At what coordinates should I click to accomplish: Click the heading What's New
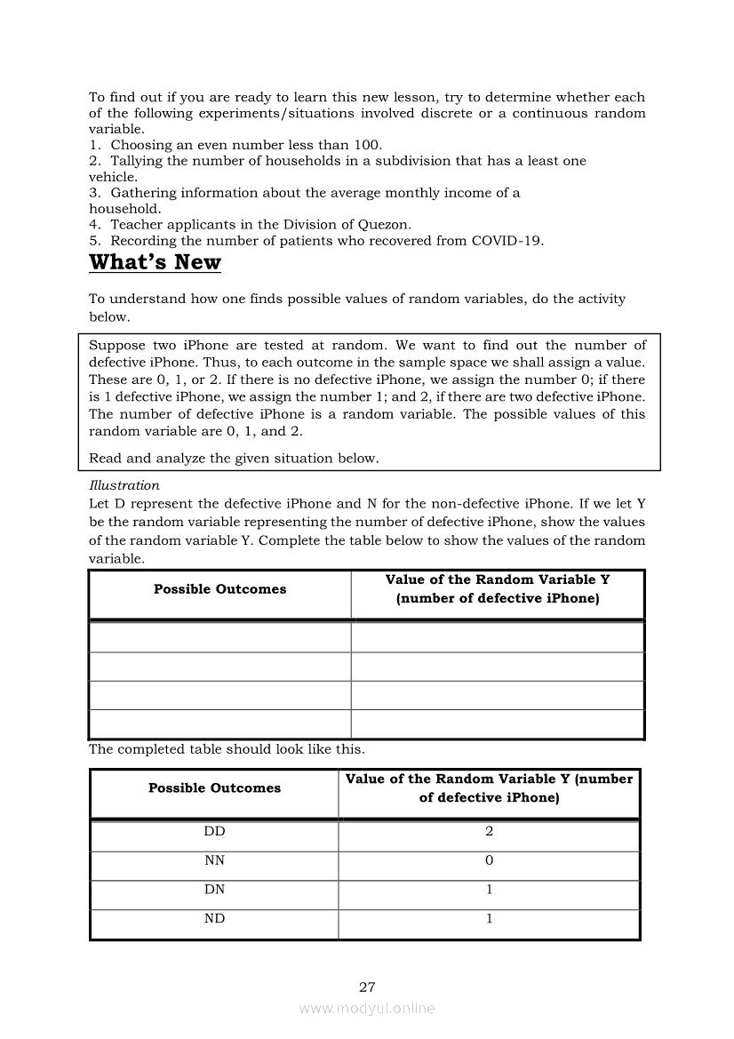tap(155, 262)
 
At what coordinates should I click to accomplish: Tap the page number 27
tap(367, 987)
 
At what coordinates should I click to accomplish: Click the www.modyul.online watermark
tap(367, 1008)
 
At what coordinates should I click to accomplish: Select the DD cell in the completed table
tap(214, 832)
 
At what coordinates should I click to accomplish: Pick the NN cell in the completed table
tap(214, 860)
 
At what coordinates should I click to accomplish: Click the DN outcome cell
tap(214, 890)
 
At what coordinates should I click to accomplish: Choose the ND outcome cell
tap(214, 918)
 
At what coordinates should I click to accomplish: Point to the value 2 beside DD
tap(489, 832)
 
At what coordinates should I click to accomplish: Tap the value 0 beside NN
tap(489, 860)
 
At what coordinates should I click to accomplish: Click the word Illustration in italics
tap(124, 485)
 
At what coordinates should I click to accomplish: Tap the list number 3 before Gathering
tap(93, 193)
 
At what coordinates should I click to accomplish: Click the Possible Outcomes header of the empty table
tap(219, 589)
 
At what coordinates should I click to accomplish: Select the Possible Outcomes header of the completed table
tap(214, 788)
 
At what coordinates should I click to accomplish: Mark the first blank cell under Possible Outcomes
tap(219, 637)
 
